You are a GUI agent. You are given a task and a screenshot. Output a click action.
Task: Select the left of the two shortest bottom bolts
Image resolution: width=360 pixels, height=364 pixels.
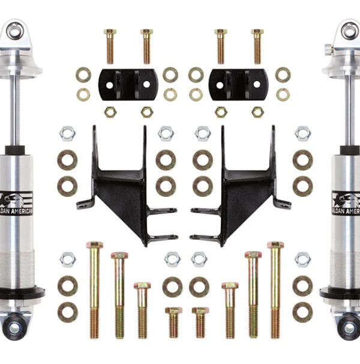point(173,322)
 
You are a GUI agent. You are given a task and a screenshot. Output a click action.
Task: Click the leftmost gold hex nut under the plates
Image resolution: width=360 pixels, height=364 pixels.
point(110,112)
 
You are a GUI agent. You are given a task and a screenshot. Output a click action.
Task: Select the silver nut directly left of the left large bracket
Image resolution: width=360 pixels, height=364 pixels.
point(67,133)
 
